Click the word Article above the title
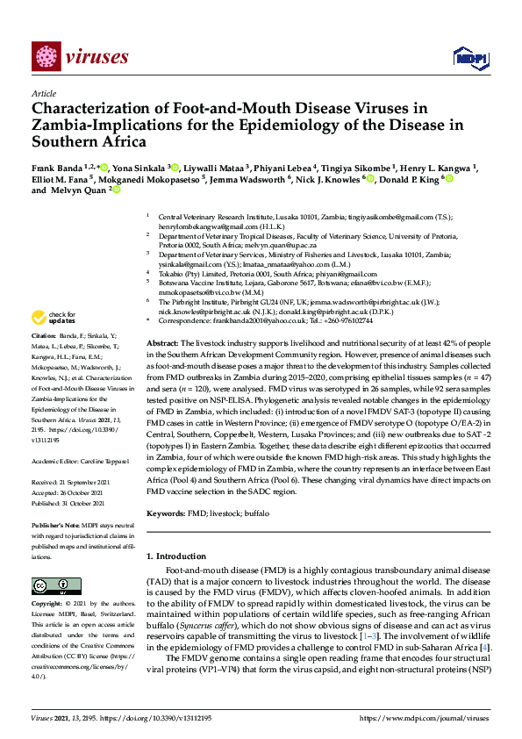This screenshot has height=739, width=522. pyautogui.click(x=43, y=94)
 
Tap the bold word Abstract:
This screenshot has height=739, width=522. pyautogui.click(x=162, y=342)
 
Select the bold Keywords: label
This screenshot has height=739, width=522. pyautogui.click(x=168, y=511)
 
